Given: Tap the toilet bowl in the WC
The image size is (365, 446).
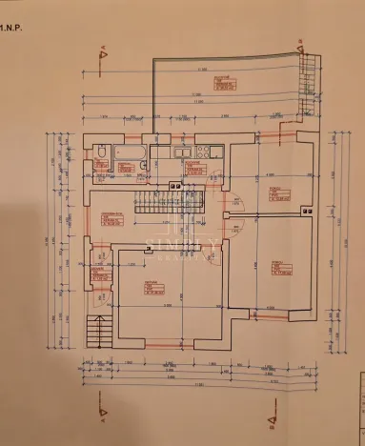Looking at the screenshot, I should (x=101, y=154).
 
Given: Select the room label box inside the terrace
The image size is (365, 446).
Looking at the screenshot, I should (x=223, y=85).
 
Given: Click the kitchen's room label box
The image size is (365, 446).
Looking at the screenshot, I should (x=194, y=168).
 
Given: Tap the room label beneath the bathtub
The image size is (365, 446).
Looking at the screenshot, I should (x=125, y=171).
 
